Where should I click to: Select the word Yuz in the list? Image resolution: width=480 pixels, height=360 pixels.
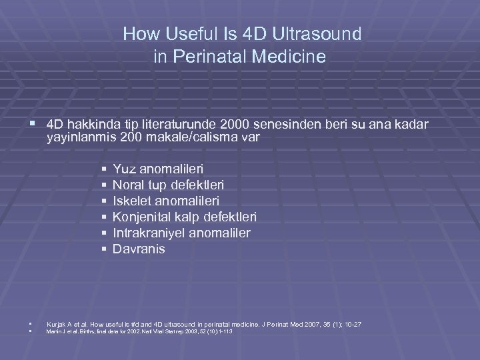[125, 169]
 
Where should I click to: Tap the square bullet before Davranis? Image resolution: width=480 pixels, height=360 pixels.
[105, 249]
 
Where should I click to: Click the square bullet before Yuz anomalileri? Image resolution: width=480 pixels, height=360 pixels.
[105, 169]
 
